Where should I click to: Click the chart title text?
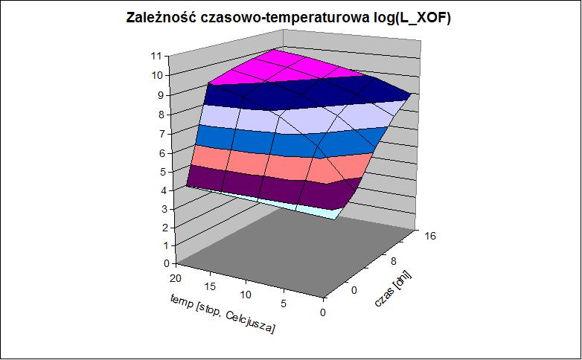[x=289, y=17]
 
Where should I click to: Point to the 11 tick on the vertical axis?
[x=156, y=57]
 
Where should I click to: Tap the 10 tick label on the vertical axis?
[x=157, y=75]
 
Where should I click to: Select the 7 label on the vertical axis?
[x=162, y=134]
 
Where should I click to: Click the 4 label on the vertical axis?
[x=164, y=190]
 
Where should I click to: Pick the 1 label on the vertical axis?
[x=165, y=245]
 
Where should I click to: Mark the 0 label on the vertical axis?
[x=166, y=263]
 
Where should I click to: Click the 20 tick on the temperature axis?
[x=176, y=278]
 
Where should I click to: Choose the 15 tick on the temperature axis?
[x=210, y=286]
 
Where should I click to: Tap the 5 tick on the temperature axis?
[x=284, y=303]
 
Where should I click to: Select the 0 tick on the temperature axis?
[x=322, y=312]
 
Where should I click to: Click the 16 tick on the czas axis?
[x=430, y=236]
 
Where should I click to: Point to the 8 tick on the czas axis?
[x=394, y=262]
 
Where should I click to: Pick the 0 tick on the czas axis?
[x=354, y=290]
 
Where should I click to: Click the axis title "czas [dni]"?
[x=393, y=289]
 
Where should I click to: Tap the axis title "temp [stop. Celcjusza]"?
[x=223, y=314]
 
